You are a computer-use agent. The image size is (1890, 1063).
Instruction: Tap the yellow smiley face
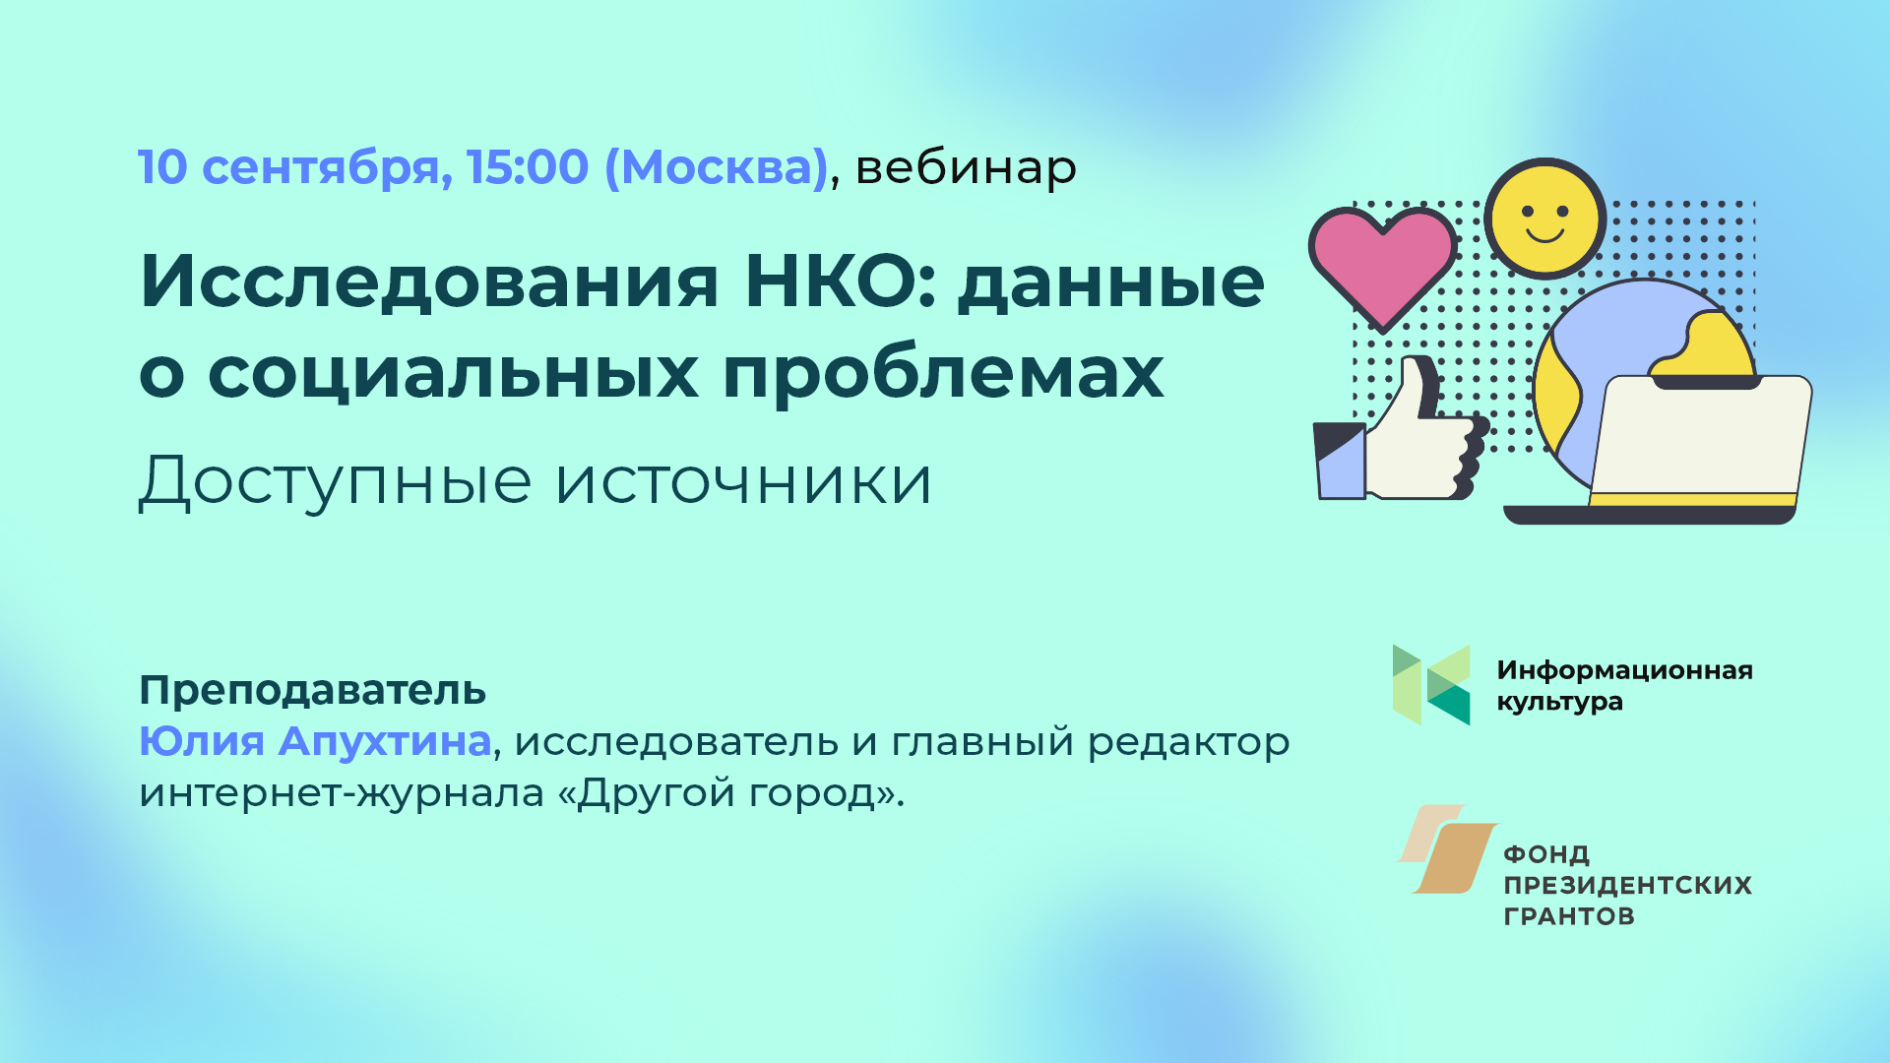[1544, 219]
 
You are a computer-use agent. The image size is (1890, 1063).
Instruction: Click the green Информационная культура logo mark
[1431, 685]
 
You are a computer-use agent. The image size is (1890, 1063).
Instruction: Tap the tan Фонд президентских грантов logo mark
[1448, 849]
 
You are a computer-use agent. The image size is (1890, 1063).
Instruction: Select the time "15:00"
[528, 167]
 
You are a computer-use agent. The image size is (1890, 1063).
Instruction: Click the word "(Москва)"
[716, 168]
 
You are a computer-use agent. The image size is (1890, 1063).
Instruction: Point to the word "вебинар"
[966, 167]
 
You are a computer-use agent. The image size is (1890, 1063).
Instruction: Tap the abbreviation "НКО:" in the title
[842, 281]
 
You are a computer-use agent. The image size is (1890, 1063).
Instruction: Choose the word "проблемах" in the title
[943, 374]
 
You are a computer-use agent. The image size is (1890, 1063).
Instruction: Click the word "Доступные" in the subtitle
[335, 482]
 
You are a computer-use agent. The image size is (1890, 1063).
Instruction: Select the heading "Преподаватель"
[313, 691]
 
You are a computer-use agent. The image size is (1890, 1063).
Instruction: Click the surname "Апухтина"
[385, 741]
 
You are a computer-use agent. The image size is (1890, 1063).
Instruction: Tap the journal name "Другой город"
[726, 793]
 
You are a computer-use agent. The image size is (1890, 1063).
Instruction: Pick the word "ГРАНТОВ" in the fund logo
[1569, 916]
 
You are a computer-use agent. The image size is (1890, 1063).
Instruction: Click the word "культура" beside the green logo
[1559, 703]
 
